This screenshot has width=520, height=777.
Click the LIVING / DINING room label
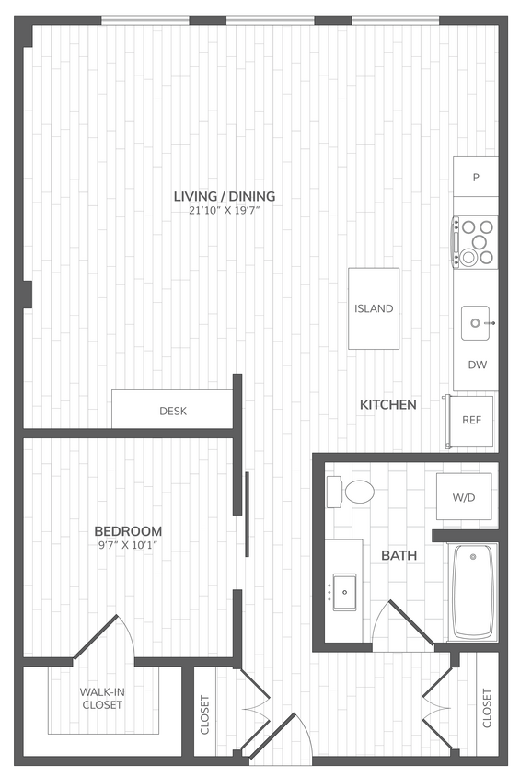point(225,196)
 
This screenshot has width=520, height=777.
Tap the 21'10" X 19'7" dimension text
point(225,211)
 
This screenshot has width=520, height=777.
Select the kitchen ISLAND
point(374,308)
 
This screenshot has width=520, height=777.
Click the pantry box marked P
point(477,176)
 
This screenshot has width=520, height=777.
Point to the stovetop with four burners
point(476,242)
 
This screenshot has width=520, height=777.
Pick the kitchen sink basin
point(478,323)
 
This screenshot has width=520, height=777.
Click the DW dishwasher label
point(477,365)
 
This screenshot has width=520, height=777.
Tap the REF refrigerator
point(471,420)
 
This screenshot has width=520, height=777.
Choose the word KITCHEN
point(387,404)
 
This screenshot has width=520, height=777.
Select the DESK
point(172,411)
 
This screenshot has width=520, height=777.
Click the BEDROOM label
point(129,531)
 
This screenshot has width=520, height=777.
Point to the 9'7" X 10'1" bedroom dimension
point(129,546)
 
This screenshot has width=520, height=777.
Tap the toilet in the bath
point(353,491)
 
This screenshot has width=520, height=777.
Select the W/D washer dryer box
point(463,497)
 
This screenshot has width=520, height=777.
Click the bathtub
point(473,591)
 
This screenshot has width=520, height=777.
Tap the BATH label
point(399,555)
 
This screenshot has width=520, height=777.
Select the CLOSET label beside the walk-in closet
point(204,714)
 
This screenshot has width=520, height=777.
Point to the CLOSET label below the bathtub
point(486,708)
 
